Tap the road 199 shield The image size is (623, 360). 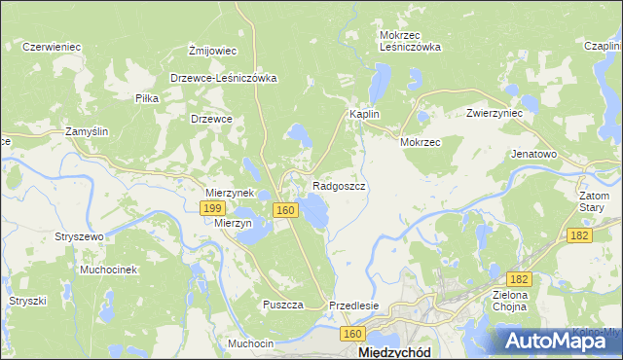coord(213,208)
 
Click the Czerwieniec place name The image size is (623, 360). coord(51,47)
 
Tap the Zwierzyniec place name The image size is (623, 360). coord(495,113)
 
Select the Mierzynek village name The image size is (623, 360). coord(229,193)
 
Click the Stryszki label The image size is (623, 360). coord(27,301)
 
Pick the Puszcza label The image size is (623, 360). coord(282,305)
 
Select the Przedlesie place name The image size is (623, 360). coord(353,305)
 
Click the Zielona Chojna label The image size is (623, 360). coord(510,301)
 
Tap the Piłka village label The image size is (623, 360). coord(147,99)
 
